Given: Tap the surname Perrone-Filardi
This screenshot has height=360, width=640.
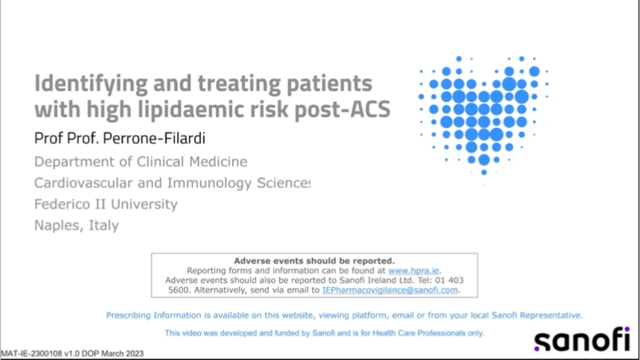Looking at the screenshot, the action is (x=154, y=138).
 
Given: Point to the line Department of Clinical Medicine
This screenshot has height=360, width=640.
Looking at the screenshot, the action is (x=141, y=162).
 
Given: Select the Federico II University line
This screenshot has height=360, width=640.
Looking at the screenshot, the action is (x=106, y=204).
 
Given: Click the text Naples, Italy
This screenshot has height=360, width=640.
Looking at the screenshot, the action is (x=76, y=225).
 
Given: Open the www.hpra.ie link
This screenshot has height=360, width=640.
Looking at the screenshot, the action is (x=414, y=271).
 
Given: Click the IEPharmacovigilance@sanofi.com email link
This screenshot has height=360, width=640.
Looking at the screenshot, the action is (x=390, y=290).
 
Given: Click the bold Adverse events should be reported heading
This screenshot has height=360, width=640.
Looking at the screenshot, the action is (x=314, y=261).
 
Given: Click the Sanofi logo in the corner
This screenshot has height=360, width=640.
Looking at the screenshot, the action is (x=582, y=339).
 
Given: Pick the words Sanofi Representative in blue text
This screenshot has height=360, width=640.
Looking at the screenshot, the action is (x=536, y=315).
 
